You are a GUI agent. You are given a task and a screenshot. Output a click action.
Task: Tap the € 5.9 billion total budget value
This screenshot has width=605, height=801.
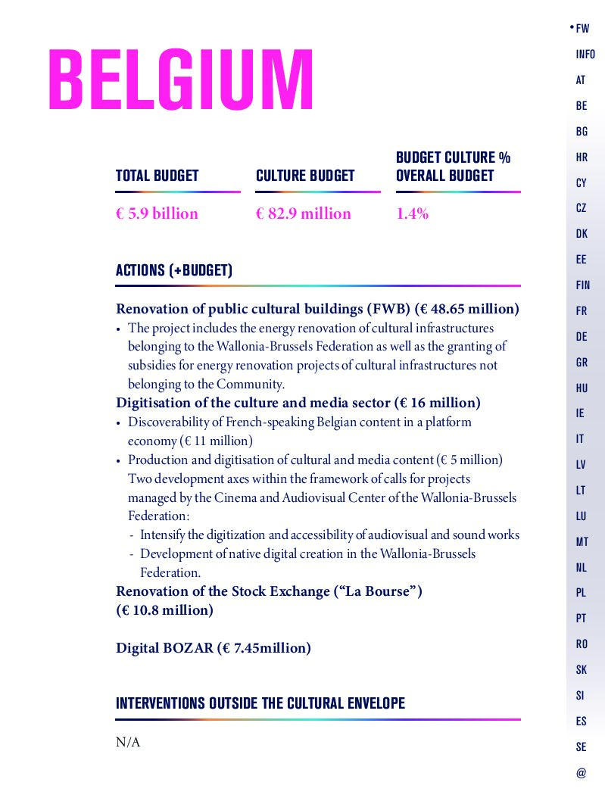point(157,213)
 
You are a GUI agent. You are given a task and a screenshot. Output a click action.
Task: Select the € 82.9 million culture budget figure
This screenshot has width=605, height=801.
point(304,213)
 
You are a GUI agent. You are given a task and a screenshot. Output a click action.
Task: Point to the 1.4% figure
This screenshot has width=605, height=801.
point(412,213)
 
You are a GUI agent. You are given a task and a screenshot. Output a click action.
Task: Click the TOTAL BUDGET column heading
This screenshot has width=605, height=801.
point(157,176)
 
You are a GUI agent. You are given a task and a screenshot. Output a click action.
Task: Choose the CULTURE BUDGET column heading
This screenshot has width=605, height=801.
point(305,176)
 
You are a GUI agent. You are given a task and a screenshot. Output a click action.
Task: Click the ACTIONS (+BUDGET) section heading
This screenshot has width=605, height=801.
point(174,270)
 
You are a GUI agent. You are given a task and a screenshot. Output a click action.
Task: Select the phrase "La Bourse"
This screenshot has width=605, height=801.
point(377,591)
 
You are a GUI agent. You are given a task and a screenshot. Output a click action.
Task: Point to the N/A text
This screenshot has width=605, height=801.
point(128,742)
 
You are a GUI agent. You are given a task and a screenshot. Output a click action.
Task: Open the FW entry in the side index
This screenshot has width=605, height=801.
point(582,29)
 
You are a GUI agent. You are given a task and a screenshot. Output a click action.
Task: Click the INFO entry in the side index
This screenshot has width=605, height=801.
point(585,55)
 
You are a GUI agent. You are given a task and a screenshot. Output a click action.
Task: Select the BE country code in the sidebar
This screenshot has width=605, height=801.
point(582,106)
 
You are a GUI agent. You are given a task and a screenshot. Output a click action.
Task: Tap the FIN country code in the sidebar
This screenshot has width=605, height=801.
point(582,285)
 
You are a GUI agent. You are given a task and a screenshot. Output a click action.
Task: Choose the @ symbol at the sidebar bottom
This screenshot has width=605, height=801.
point(581,773)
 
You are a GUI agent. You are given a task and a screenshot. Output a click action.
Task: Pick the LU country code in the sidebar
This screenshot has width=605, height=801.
point(582,516)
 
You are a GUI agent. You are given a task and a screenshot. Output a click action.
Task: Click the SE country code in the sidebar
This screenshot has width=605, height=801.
point(581,747)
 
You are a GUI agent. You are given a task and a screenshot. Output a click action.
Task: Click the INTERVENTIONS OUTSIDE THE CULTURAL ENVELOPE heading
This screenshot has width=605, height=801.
point(260,703)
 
